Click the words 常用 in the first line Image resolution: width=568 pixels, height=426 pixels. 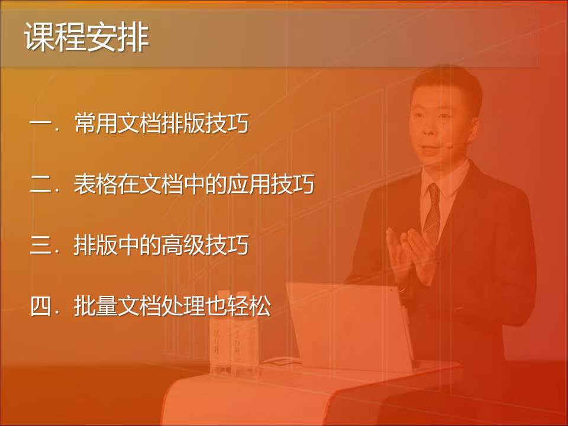pyautogui.click(x=96, y=125)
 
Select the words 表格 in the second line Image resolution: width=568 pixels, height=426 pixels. pyautogui.click(x=96, y=185)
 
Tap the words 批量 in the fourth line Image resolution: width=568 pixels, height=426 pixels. pyautogui.click(x=96, y=306)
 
